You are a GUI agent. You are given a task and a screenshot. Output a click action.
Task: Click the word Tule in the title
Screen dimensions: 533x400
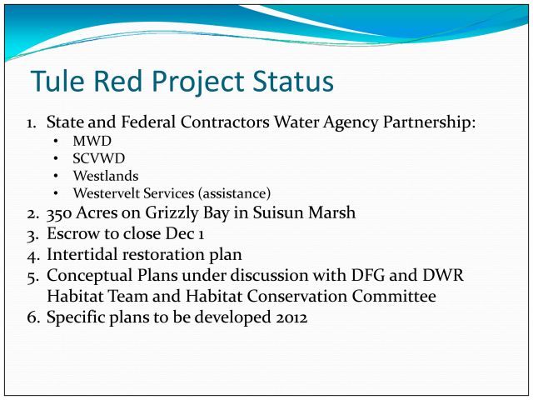(57, 82)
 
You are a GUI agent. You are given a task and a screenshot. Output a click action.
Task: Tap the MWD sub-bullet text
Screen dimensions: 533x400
(92, 141)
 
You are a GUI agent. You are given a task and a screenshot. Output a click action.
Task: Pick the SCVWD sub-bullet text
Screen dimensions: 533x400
(99, 158)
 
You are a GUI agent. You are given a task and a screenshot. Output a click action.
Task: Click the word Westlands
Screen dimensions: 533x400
(106, 176)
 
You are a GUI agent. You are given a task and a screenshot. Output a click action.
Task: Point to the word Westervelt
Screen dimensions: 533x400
(107, 193)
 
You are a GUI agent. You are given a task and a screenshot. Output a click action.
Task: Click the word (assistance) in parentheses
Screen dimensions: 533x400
(235, 193)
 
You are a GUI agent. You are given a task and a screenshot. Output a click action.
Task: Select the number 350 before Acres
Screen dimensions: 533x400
(59, 213)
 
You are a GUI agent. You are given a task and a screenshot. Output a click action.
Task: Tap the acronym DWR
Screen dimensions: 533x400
(443, 276)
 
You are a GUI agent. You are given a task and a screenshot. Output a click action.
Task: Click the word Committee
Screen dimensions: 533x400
(394, 297)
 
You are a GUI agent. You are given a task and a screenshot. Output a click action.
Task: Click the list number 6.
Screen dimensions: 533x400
(32, 317)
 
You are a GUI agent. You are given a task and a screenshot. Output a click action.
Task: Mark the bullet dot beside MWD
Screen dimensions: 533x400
(56, 141)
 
